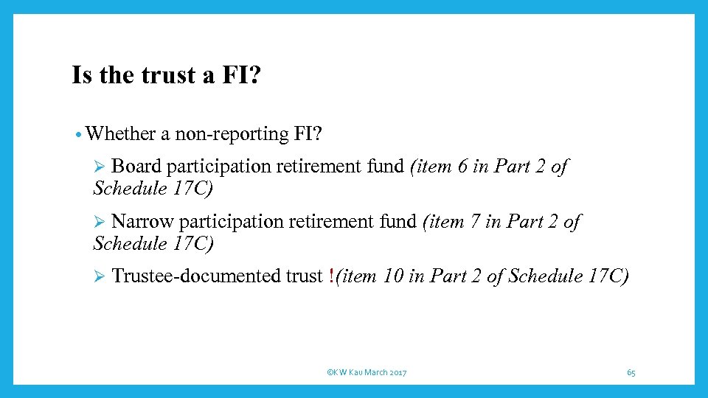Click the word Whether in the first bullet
coord(120,133)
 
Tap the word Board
coord(136,167)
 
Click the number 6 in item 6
coord(462,167)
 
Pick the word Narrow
coord(142,221)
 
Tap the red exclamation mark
coord(331,276)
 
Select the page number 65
coord(631,373)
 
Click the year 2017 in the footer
coord(396,373)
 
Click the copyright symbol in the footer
coord(328,373)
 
